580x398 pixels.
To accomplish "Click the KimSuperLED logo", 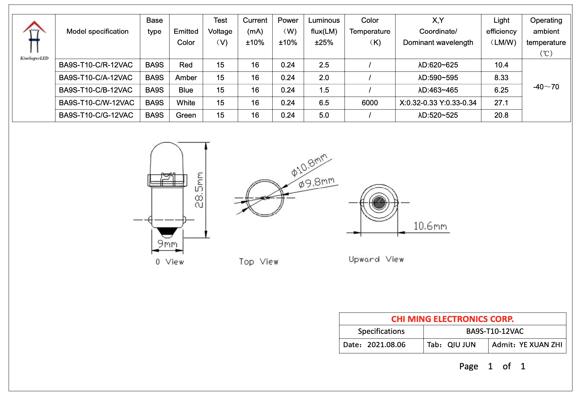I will (34, 40).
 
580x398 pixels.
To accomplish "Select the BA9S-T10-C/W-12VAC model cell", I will (97, 103).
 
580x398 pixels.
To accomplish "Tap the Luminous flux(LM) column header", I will (324, 31).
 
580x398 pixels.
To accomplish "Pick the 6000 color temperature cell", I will (370, 103).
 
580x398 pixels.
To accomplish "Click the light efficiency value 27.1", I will (501, 103).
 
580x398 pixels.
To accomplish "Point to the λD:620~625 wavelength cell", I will (438, 65).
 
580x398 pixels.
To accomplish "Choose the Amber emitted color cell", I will (186, 78).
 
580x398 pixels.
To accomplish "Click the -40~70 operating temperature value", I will (546, 87).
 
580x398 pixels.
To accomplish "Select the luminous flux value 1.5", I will (324, 90).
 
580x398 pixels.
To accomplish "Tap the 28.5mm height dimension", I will (199, 190).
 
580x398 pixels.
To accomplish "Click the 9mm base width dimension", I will (167, 244).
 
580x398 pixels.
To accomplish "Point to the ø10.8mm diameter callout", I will (309, 165).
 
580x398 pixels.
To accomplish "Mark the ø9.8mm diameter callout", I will (316, 182).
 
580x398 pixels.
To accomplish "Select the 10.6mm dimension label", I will (430, 226).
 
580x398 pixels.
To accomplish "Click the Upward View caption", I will (376, 259).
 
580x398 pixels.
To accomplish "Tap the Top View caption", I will (259, 262).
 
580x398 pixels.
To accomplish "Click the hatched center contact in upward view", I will (379, 203).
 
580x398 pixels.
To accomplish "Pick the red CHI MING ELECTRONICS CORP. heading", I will (452, 319).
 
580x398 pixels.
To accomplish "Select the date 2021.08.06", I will (386, 345).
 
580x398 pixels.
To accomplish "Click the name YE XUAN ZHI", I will (541, 345).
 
